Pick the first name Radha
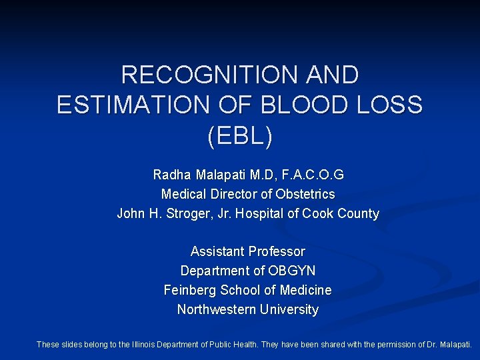tap(172, 175)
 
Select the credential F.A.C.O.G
tap(312, 175)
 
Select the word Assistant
tap(218, 252)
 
